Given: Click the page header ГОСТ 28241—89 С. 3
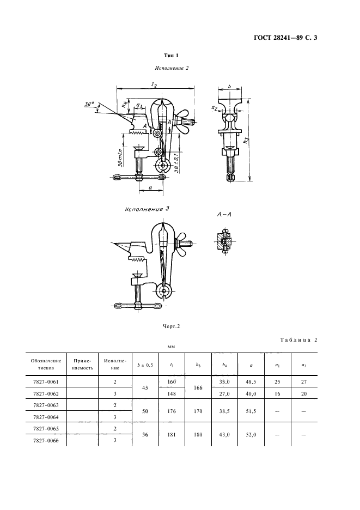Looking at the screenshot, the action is tap(285, 38).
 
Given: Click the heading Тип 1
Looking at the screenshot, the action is tap(172, 56).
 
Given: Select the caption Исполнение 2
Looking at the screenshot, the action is tap(172, 68).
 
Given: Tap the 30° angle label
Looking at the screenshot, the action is tap(89, 105).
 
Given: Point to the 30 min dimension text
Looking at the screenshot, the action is tap(120, 157).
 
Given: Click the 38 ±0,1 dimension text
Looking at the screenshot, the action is tap(176, 163).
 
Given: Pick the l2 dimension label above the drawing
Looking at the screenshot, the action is tap(154, 84).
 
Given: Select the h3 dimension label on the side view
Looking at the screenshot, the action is tap(247, 141).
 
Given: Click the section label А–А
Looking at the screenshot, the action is tap(224, 215).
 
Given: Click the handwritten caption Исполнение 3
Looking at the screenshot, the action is tap(147, 209).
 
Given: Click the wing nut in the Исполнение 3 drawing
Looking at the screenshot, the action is tap(182, 243).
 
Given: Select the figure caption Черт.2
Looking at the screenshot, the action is tap(172, 326).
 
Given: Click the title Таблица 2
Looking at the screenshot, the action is tap(298, 340).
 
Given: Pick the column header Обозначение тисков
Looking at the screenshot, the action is tap(46, 365).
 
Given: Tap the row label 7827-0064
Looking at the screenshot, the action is tap(46, 417).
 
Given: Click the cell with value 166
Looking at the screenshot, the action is tap(198, 388).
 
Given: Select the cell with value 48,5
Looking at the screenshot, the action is tap(251, 382).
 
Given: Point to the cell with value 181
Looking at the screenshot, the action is tap(172, 435).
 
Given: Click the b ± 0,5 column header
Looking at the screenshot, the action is tap(145, 365).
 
